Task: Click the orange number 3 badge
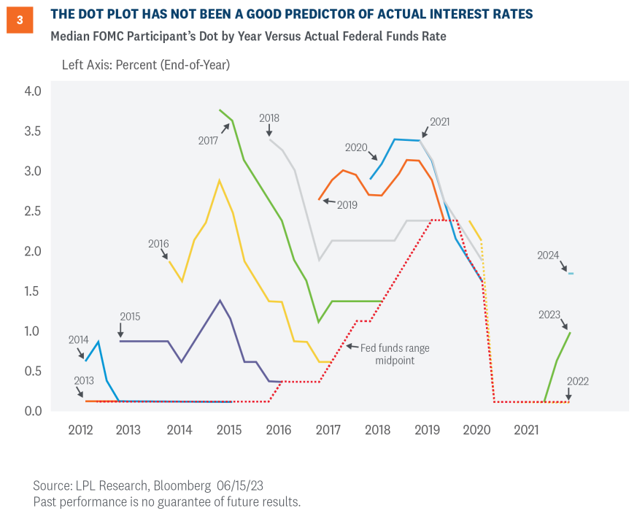click(x=19, y=21)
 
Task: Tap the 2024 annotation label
click(x=548, y=255)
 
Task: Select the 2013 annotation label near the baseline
click(x=85, y=381)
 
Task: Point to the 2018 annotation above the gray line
click(x=269, y=118)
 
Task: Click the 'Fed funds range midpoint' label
click(x=395, y=354)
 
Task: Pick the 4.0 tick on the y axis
click(x=34, y=91)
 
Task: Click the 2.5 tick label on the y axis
click(x=34, y=212)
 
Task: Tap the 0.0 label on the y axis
click(x=34, y=411)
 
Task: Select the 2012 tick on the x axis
click(x=81, y=431)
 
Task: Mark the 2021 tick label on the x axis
click(x=525, y=431)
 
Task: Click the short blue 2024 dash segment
click(x=571, y=274)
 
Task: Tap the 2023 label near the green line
click(x=549, y=315)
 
